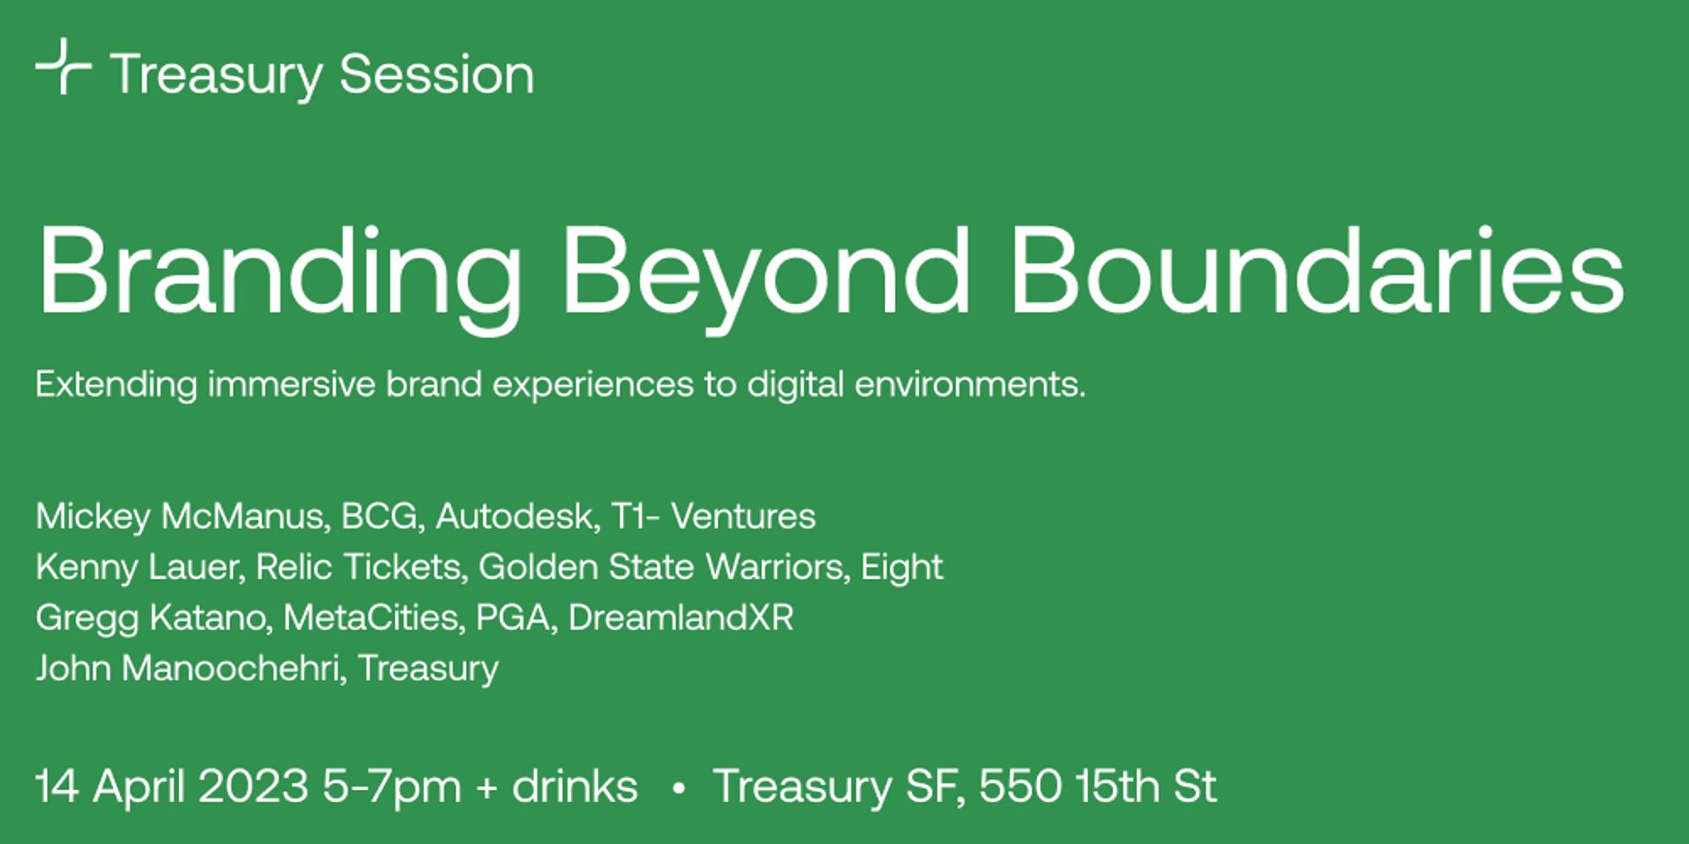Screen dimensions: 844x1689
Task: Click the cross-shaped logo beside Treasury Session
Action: coord(63,66)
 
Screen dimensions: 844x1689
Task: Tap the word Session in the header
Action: coord(437,75)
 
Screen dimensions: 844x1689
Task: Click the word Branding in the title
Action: coord(279,273)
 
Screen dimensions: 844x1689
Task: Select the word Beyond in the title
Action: coord(766,273)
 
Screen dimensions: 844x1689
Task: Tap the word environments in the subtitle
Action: coord(969,385)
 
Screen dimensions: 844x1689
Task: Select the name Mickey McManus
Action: coord(181,517)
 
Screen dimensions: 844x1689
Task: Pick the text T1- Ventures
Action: coord(714,517)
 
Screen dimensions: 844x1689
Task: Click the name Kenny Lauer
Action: coord(139,567)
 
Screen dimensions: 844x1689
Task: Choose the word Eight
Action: coord(901,567)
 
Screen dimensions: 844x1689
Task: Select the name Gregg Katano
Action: coord(152,618)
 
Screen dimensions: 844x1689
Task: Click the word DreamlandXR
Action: coord(681,618)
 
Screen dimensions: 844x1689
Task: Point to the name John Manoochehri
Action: coord(190,668)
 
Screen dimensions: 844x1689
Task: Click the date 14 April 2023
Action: coord(171,787)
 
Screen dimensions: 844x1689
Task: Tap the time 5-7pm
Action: coord(392,787)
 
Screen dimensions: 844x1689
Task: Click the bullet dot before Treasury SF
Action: coord(677,788)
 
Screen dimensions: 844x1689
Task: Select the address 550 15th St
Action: coord(1097,787)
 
